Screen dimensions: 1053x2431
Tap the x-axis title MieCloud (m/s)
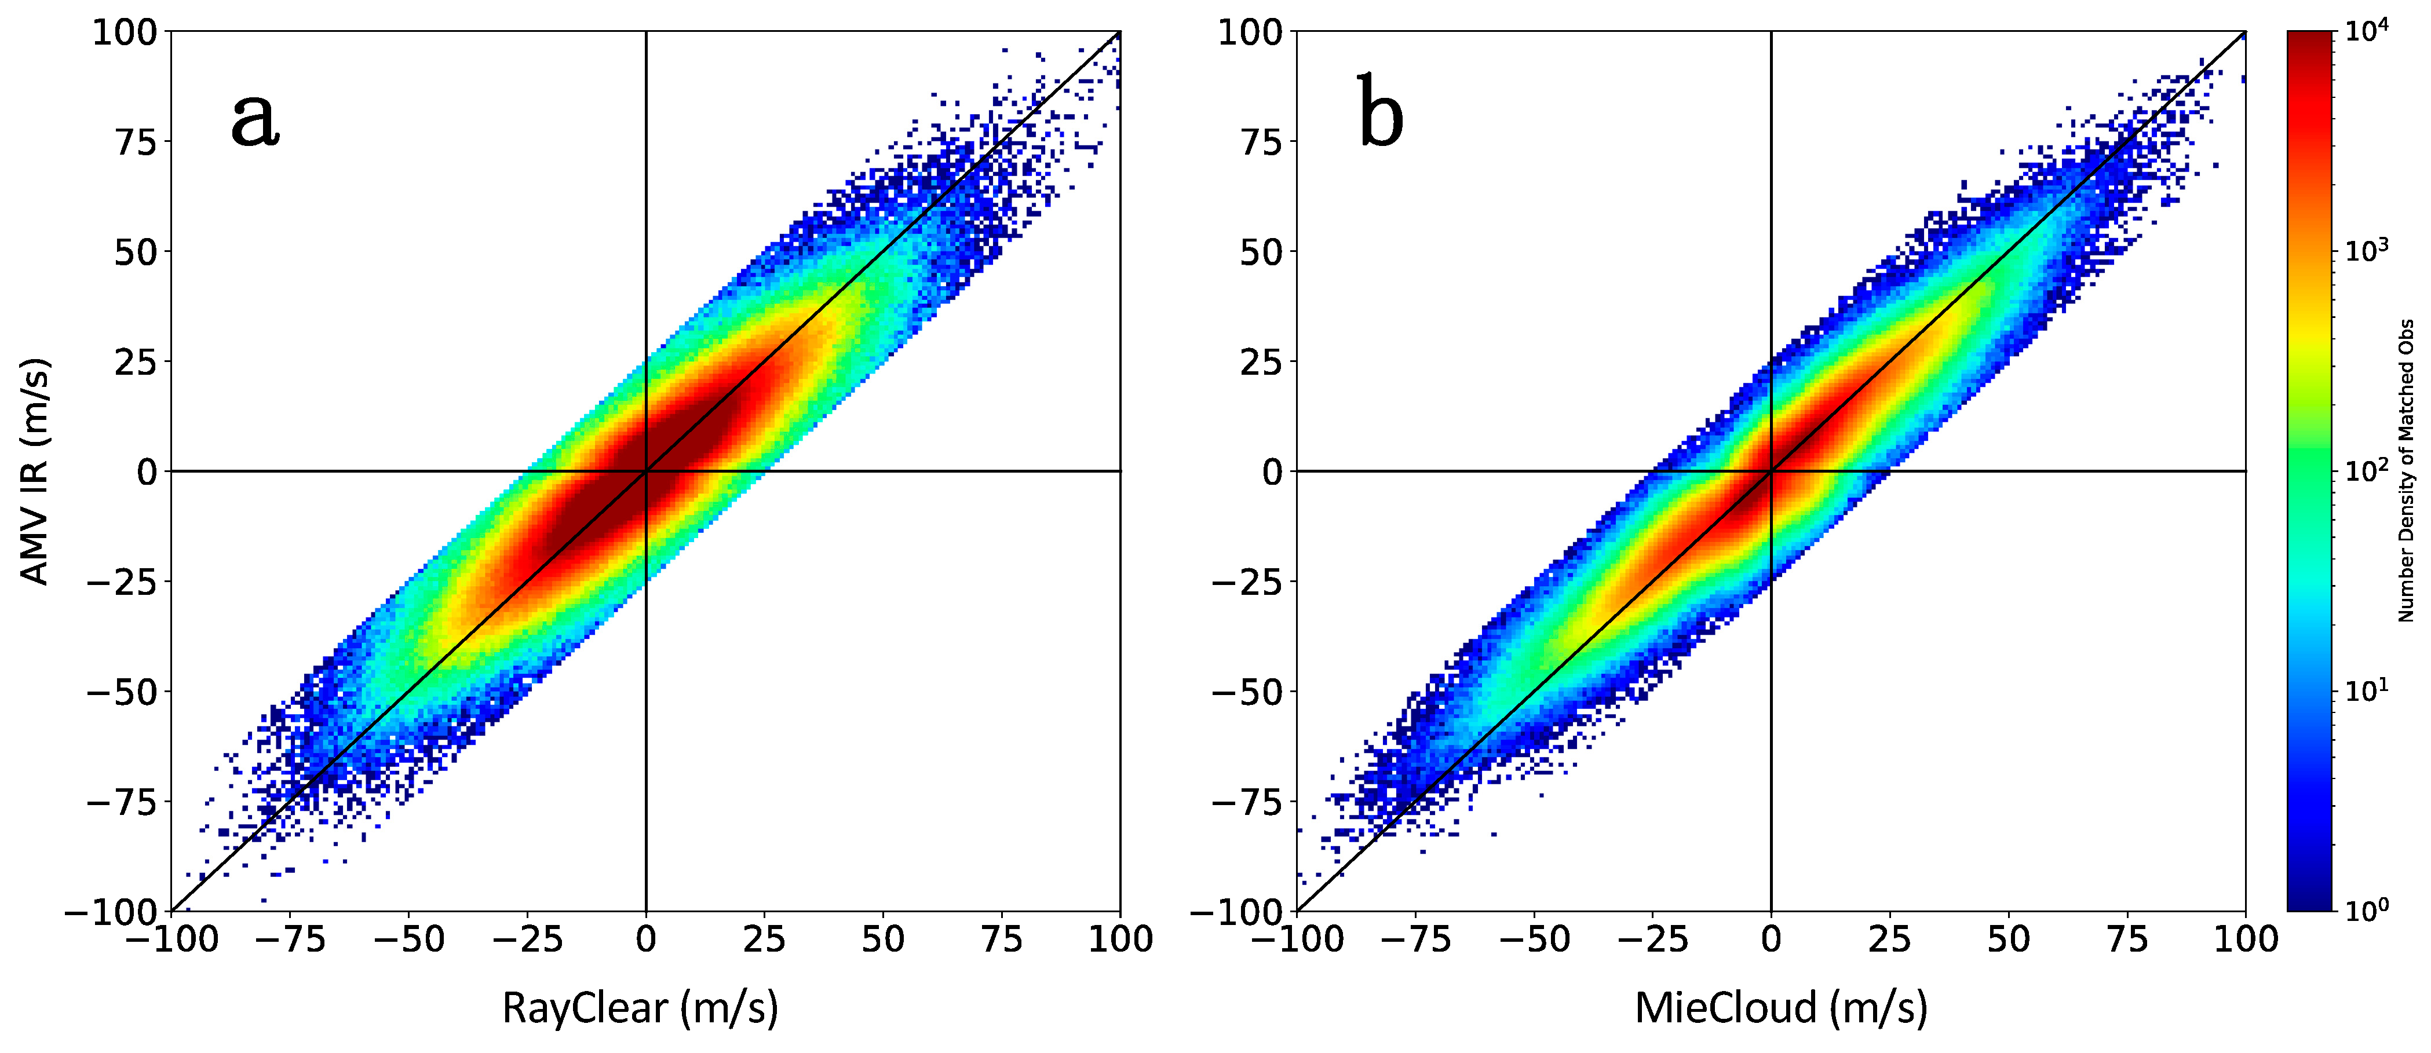coord(1781,1008)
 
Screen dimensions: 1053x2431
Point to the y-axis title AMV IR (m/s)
coord(34,471)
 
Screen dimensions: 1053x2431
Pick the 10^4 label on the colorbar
coord(2367,31)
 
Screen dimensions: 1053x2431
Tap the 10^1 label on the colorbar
coord(2367,690)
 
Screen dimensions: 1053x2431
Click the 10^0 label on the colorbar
coord(2367,909)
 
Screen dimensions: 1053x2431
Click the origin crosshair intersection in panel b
coord(1771,471)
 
